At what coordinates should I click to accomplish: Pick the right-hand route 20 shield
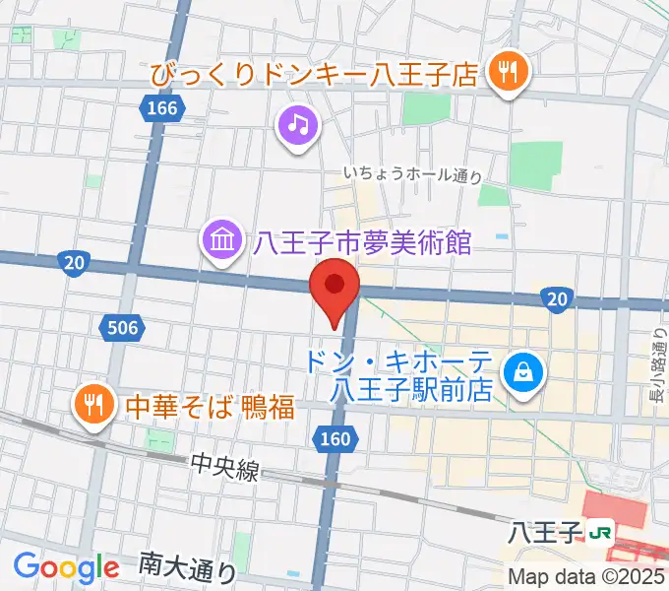tap(557, 298)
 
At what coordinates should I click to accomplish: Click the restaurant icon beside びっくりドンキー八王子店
tap(509, 72)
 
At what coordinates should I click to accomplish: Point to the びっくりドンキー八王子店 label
tap(313, 73)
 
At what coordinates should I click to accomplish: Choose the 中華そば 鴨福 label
tap(208, 405)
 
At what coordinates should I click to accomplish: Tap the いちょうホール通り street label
tap(413, 174)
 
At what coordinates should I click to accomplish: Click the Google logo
tap(66, 566)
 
